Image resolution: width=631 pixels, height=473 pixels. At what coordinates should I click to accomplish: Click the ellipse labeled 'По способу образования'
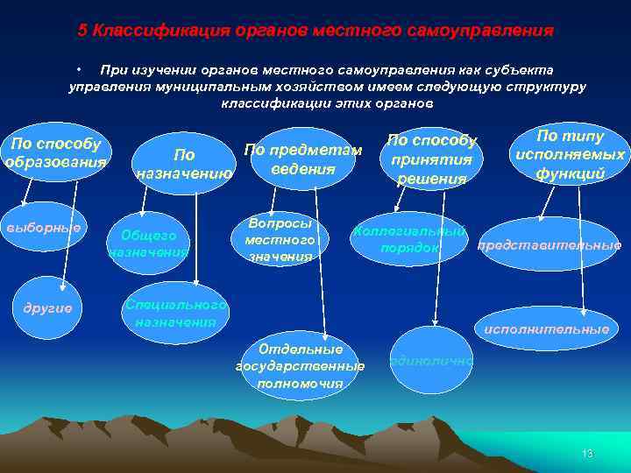point(54,153)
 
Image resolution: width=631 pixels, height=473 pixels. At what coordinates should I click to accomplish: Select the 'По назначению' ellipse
point(184,164)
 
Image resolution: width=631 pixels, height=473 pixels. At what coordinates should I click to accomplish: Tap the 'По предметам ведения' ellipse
point(301,159)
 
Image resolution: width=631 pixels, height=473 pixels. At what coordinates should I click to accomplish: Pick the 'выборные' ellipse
point(44,227)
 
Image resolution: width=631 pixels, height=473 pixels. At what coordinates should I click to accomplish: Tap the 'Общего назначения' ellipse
point(148,244)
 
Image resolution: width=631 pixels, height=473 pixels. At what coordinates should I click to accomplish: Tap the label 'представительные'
point(549,246)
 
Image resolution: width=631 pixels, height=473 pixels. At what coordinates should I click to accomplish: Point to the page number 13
point(587,453)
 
